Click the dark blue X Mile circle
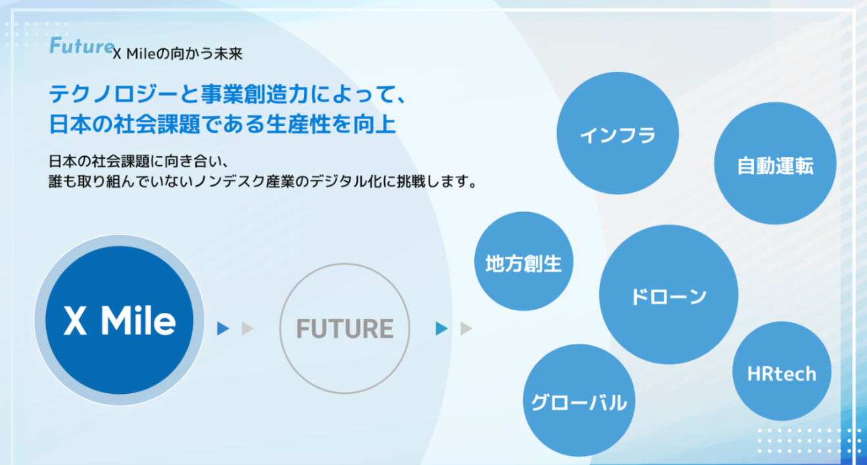[119, 321]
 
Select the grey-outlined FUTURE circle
[345, 328]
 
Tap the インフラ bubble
[618, 136]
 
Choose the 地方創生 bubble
[524, 263]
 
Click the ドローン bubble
[668, 295]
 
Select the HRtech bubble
[781, 374]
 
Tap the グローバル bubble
[579, 401]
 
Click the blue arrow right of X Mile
[224, 329]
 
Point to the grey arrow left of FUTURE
[247, 329]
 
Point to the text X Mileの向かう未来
[178, 54]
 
